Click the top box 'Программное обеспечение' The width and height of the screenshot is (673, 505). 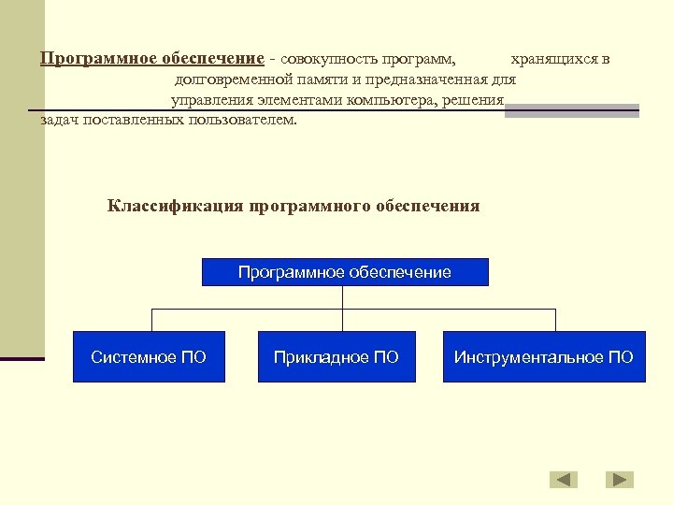pos(344,272)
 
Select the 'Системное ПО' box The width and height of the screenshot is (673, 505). pos(149,356)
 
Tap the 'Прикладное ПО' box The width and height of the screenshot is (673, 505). pos(336,356)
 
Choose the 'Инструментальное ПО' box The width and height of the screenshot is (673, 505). pos(543,356)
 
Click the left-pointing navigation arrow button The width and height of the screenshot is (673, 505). pos(563,480)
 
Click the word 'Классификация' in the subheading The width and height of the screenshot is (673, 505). pos(176,206)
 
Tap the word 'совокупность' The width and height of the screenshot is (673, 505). pos(324,59)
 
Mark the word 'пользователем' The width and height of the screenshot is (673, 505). pos(239,121)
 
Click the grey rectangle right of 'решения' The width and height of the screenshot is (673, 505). pos(571,110)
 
